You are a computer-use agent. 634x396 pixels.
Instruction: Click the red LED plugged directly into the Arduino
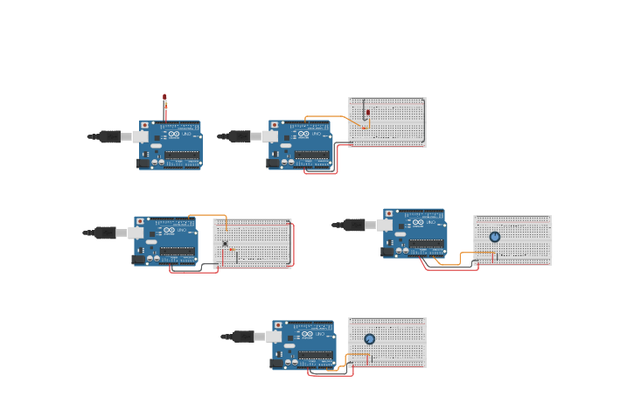pyautogui.click(x=164, y=99)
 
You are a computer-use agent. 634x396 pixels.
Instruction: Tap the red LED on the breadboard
pyautogui.click(x=368, y=114)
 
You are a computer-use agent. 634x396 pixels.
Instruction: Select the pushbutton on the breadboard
pyautogui.click(x=225, y=244)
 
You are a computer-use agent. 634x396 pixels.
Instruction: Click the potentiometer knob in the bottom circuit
pyautogui.click(x=369, y=339)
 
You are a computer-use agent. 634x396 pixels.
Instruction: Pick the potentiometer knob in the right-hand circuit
pyautogui.click(x=495, y=237)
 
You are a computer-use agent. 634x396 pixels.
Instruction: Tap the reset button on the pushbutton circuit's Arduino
pyautogui.click(x=139, y=222)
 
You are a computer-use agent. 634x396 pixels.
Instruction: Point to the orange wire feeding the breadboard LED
pyautogui.click(x=332, y=116)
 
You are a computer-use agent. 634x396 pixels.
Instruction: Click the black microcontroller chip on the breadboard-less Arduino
pyautogui.click(x=181, y=155)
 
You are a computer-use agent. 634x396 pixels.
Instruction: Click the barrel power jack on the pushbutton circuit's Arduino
pyautogui.click(x=138, y=259)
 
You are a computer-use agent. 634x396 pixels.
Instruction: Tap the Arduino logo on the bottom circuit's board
pyautogui.click(x=306, y=334)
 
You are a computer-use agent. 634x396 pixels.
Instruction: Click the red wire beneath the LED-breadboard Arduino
pyautogui.click(x=320, y=172)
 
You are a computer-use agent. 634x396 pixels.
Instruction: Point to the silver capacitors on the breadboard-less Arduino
pyautogui.click(x=157, y=162)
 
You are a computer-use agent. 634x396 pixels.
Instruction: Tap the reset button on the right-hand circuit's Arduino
pyautogui.click(x=388, y=213)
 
